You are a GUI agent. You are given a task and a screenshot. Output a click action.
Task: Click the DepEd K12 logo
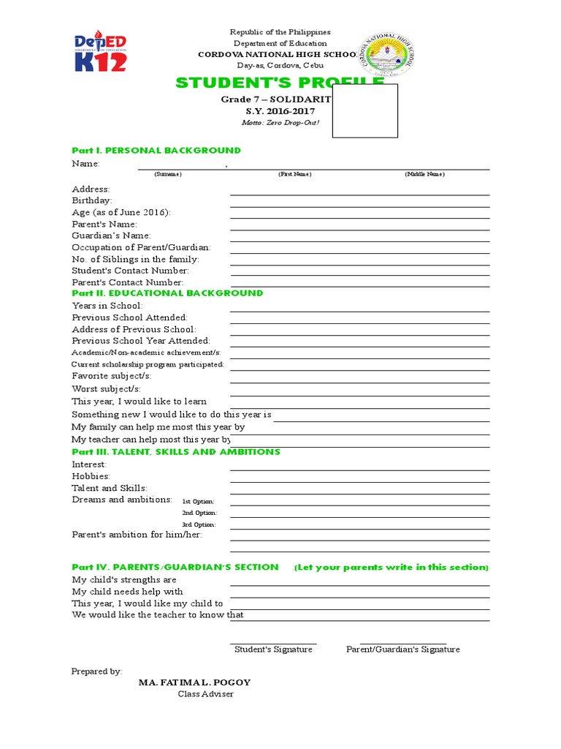pos(101,52)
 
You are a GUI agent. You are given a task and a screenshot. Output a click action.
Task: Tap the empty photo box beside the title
pos(365,110)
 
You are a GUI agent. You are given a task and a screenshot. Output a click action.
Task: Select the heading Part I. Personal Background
pos(156,150)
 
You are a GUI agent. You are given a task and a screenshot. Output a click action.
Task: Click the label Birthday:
pos(91,200)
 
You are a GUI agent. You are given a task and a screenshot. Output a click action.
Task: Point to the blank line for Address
pos(359,193)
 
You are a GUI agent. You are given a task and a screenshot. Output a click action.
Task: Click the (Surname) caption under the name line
pos(167,174)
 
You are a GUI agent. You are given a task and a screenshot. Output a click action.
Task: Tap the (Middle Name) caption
pos(424,174)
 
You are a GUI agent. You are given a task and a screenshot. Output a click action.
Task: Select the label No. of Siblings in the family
pos(135,259)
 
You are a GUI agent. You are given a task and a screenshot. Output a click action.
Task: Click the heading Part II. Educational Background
pos(167,293)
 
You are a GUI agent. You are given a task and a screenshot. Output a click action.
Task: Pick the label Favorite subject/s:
pos(110,375)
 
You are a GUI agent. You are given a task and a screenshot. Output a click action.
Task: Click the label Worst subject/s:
pos(106,389)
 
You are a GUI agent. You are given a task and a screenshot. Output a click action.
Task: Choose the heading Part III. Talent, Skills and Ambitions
pos(175,452)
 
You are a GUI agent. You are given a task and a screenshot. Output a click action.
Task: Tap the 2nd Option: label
pos(199,513)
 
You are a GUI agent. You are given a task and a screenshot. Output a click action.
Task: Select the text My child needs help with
pos(127,591)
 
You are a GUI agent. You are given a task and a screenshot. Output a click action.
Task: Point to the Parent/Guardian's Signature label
pos(403,650)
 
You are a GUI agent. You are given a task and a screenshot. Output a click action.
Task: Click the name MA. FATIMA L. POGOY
pos(194,682)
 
